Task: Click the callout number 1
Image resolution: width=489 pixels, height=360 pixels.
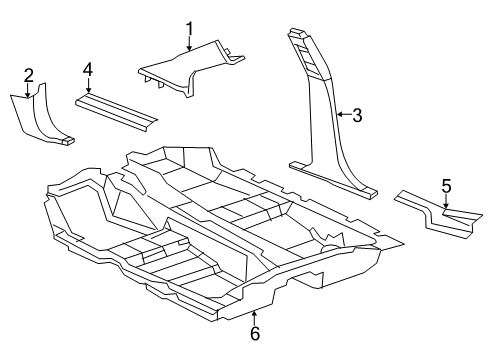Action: pyautogui.click(x=189, y=27)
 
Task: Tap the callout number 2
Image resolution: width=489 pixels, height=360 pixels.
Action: pyautogui.click(x=28, y=73)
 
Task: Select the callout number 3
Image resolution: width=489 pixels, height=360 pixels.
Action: pyautogui.click(x=356, y=115)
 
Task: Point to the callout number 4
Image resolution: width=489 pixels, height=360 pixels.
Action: pyautogui.click(x=87, y=69)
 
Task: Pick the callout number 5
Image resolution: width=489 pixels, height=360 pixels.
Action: pyautogui.click(x=446, y=185)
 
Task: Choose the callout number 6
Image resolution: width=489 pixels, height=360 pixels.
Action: pyautogui.click(x=254, y=333)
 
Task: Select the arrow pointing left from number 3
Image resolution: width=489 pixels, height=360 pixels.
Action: pyautogui.click(x=342, y=115)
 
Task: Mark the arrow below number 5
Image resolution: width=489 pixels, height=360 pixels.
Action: pyautogui.click(x=446, y=202)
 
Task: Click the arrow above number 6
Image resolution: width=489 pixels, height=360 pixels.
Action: pyautogui.click(x=254, y=315)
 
